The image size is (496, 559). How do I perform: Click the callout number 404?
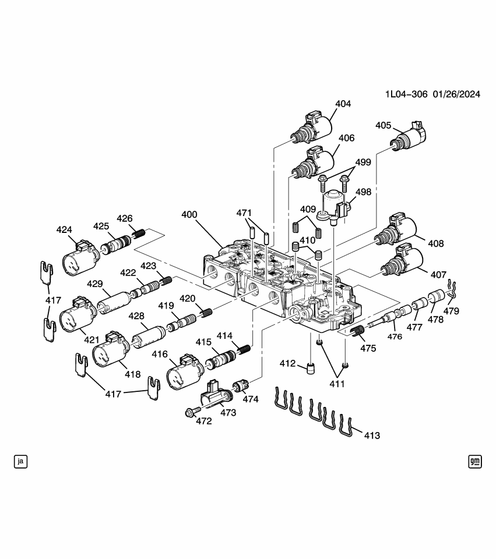(343, 104)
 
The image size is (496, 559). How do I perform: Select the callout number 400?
(189, 214)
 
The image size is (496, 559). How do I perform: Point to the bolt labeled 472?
(189, 413)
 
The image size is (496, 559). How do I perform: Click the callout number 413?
(372, 435)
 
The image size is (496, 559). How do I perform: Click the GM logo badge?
(474, 461)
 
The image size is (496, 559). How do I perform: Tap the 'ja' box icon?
(21, 461)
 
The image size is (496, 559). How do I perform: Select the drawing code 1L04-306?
(406, 94)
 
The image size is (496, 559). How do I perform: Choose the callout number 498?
(363, 192)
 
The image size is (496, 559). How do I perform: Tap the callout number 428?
(136, 315)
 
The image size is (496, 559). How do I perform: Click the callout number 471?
(244, 213)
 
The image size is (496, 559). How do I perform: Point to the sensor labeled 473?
(214, 397)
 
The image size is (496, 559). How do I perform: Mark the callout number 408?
(435, 243)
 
